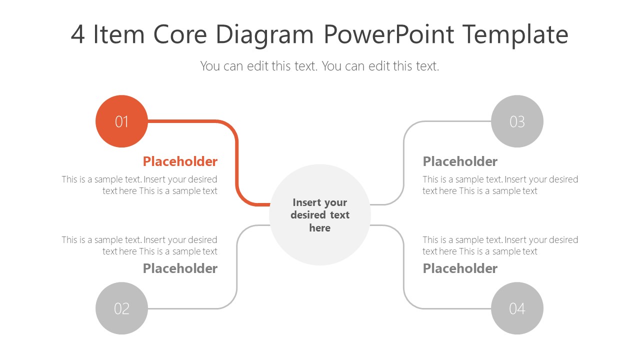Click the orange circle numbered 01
pyautogui.click(x=121, y=121)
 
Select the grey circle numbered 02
pyautogui.click(x=121, y=308)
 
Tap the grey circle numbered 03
pyautogui.click(x=517, y=121)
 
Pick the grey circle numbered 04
pyautogui.click(x=517, y=308)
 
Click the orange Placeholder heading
pyautogui.click(x=180, y=161)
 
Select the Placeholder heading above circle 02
pyautogui.click(x=180, y=268)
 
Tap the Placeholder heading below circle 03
pyautogui.click(x=460, y=161)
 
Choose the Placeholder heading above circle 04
pyautogui.click(x=460, y=268)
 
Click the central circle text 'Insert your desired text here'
pyautogui.click(x=320, y=215)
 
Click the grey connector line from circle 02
pyautogui.click(x=236, y=270)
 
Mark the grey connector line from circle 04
pyautogui.click(x=403, y=270)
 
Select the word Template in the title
pyautogui.click(x=515, y=35)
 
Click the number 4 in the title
pyautogui.click(x=77, y=35)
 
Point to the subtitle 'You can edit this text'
pyautogui.click(x=319, y=66)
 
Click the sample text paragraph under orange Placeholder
pyautogui.click(x=140, y=185)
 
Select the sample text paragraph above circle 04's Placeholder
pyautogui.click(x=500, y=245)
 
